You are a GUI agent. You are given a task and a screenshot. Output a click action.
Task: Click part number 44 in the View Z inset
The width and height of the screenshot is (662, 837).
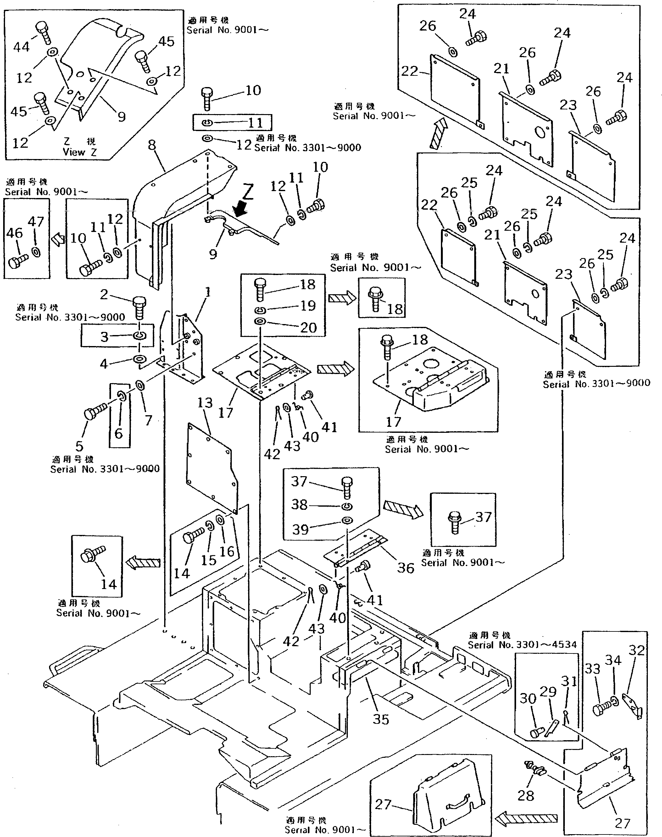[21, 47]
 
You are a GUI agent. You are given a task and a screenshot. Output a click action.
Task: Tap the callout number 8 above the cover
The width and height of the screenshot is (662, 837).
[152, 145]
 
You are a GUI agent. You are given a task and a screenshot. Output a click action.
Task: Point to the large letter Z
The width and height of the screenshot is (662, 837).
[248, 191]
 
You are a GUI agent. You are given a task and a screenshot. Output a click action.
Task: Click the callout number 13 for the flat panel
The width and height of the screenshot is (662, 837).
[205, 403]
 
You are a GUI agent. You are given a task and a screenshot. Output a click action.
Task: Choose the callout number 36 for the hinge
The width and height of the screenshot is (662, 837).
[405, 568]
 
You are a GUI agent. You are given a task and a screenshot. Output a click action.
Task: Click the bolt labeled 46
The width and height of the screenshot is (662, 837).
[17, 262]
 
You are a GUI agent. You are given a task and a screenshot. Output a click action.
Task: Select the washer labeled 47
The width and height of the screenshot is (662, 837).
[36, 252]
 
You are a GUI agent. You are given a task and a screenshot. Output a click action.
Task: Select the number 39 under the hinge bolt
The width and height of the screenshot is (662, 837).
[300, 529]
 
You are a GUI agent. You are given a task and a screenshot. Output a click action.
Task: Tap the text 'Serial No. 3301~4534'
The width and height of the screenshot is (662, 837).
[522, 645]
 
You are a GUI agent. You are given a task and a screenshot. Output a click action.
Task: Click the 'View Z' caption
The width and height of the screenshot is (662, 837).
[80, 152]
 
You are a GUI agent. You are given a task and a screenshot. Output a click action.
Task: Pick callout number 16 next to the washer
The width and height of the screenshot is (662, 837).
[227, 551]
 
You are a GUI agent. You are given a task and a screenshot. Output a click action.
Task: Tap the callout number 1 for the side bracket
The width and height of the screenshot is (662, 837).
[208, 292]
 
